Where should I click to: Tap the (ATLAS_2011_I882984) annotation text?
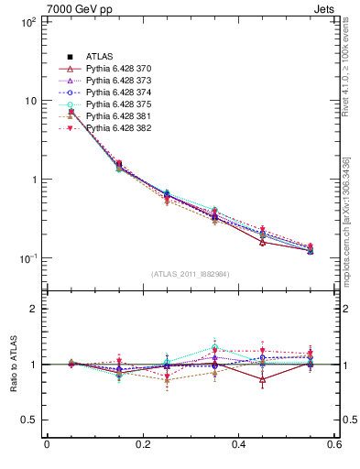(x=191, y=274)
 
